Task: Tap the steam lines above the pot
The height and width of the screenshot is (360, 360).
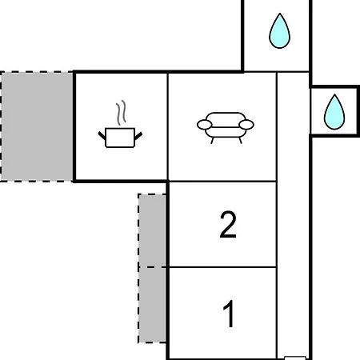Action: [121, 113]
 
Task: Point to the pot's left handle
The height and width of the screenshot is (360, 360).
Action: [102, 136]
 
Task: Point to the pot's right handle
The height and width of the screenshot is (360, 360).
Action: [138, 136]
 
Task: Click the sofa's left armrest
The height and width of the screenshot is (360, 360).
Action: [205, 125]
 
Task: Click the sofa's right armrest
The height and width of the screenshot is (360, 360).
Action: [246, 125]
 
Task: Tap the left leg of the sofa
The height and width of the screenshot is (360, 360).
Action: [212, 141]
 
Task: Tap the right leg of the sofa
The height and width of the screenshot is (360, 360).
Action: [240, 141]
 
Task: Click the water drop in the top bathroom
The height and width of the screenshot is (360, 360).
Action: [279, 32]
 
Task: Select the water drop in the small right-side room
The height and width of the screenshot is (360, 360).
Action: [334, 113]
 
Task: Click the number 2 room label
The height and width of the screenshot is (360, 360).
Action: [228, 224]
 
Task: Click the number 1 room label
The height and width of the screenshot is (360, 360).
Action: [229, 314]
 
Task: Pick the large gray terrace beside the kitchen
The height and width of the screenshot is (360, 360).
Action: [37, 126]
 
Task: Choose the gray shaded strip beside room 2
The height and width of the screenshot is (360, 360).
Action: [152, 230]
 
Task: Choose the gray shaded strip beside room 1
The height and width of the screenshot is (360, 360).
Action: [152, 305]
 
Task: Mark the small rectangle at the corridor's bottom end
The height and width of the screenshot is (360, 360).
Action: [295, 358]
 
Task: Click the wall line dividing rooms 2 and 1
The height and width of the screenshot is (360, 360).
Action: [222, 267]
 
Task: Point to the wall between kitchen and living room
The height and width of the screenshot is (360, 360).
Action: [168, 127]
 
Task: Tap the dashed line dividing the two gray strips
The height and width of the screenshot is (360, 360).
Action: [152, 267]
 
